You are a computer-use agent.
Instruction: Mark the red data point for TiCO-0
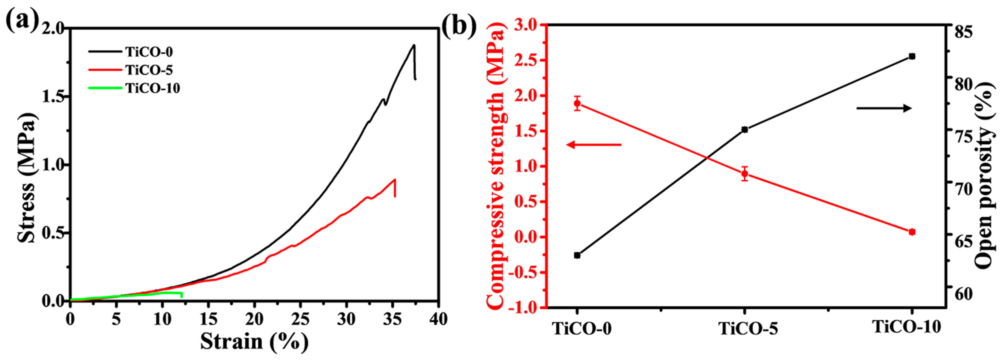tap(577, 103)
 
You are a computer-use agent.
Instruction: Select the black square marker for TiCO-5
tap(745, 129)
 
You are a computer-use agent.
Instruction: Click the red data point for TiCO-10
tap(912, 232)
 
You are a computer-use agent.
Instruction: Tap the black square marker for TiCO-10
tap(912, 56)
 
